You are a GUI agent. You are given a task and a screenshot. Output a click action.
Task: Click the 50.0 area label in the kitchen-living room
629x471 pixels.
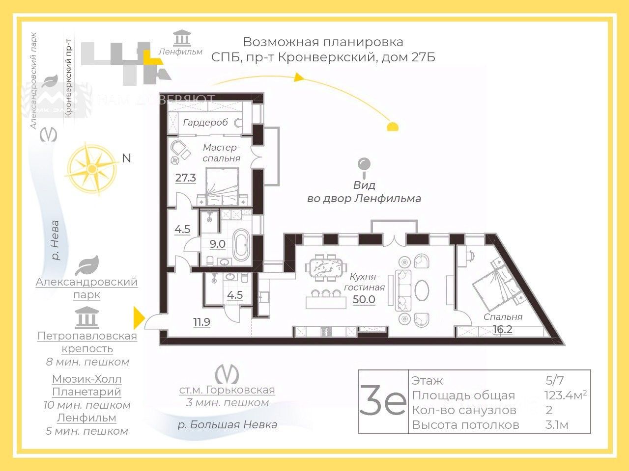point(364,299)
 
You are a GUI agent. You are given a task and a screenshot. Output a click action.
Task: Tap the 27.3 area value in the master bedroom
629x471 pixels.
point(186,178)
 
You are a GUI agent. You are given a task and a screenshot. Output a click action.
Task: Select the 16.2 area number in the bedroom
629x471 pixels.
point(502,329)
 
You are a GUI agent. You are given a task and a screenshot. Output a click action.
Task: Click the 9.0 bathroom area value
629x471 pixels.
point(217,244)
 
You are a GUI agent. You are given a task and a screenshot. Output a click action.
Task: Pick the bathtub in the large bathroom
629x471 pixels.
point(242,244)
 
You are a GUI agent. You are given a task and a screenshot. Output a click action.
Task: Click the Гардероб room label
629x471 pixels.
point(205,122)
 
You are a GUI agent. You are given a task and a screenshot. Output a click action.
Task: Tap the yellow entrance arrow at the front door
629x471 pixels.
point(139,317)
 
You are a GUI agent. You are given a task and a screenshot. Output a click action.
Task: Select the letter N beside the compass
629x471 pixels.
point(127,158)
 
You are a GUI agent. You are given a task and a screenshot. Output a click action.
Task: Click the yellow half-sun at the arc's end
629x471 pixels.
point(392,127)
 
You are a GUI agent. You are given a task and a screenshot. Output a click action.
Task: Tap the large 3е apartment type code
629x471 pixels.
point(383,401)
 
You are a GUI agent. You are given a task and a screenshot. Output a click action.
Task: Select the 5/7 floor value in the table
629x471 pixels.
point(555,380)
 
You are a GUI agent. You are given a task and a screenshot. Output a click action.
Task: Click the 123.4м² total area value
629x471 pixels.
point(565,395)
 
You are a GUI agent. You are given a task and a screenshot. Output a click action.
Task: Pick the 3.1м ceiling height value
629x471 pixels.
point(557,424)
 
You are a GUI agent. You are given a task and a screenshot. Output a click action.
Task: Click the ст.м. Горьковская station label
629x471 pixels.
point(227,390)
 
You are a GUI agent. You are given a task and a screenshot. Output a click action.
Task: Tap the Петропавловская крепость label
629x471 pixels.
point(87,342)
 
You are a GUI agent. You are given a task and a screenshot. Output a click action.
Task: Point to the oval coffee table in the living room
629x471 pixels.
point(422,290)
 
